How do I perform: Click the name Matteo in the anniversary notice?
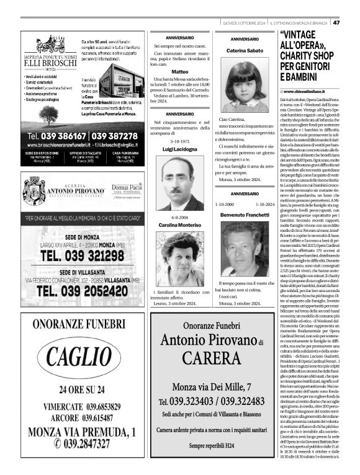(179, 72)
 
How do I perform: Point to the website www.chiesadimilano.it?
(309, 91)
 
